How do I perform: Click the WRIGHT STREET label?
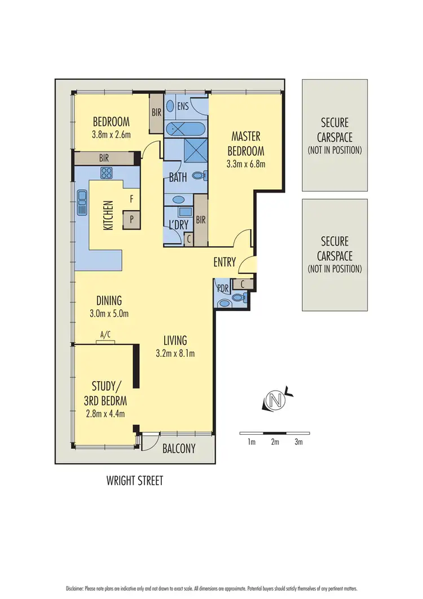tap(135, 481)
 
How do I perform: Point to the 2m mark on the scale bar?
tap(275, 442)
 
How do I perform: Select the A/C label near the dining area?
tap(105, 335)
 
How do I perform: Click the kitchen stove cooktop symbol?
tap(107, 172)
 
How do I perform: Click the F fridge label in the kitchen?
tap(131, 199)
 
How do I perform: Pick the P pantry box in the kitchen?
tap(131, 220)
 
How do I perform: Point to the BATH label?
tap(178, 177)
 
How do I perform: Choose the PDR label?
tap(223, 287)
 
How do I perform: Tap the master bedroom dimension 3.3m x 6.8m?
tap(245, 164)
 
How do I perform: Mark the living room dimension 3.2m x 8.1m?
tap(175, 355)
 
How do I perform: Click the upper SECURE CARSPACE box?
tap(334, 135)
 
